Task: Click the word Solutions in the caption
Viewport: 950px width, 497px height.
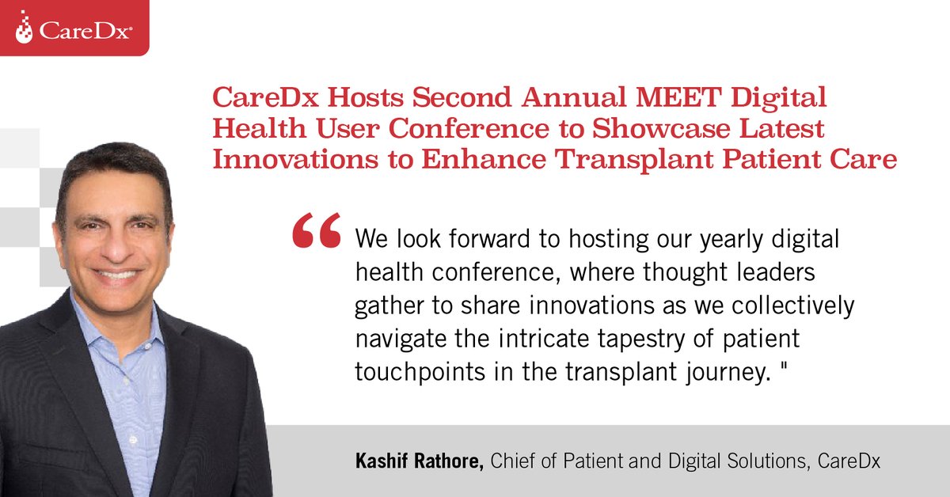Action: [761, 461]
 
